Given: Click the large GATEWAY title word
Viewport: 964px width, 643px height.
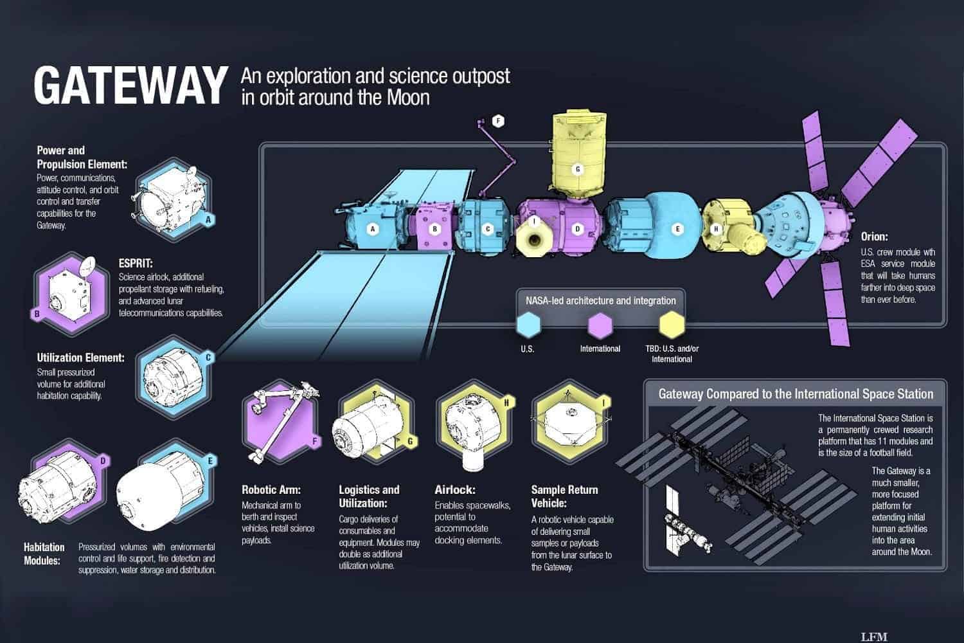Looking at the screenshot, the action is [x=130, y=86].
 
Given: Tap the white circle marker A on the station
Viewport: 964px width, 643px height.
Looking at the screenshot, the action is [x=373, y=229].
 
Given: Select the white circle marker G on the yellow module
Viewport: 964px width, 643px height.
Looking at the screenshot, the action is [x=578, y=169].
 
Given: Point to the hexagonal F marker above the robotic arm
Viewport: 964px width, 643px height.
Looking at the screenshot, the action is [x=498, y=121].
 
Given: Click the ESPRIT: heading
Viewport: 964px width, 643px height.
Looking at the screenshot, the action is [x=136, y=263].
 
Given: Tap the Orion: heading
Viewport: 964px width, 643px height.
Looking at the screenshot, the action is [x=874, y=237].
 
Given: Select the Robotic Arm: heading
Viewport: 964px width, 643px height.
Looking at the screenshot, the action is [x=271, y=490].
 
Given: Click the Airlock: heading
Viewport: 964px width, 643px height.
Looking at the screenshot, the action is [x=455, y=490].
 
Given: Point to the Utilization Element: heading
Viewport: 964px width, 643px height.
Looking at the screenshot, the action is [x=80, y=358].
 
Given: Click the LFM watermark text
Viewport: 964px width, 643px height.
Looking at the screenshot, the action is [x=874, y=637].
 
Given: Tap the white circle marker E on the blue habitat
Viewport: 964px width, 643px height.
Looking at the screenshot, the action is [x=677, y=229].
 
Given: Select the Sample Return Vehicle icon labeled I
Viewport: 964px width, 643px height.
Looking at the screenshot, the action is [x=571, y=421].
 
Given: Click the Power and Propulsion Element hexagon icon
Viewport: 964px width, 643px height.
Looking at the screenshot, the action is [x=173, y=199].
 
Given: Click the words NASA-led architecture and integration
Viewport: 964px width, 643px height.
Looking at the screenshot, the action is [x=601, y=301].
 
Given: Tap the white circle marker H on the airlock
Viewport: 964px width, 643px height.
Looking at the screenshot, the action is [x=716, y=229].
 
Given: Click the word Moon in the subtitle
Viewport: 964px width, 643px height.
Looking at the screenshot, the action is [x=407, y=97].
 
